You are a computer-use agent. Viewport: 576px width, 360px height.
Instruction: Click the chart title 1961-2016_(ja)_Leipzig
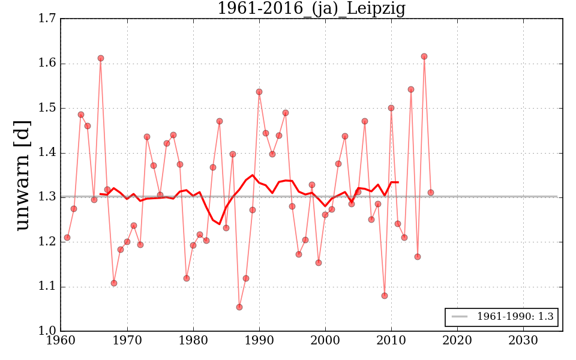coord(311,9)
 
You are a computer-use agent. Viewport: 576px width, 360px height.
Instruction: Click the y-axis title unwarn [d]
coord(23,175)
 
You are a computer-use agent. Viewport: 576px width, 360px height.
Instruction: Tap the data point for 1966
coord(101,58)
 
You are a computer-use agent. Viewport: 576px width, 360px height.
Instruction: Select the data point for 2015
coord(424,56)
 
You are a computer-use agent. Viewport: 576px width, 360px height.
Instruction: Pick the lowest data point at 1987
coord(239,307)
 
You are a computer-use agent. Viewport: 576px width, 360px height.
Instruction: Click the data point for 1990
coord(259,92)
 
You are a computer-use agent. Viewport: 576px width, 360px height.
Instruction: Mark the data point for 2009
coord(385,295)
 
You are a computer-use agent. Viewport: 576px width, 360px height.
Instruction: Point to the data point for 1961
coord(67,238)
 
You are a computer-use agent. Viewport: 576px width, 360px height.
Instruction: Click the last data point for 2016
coord(431,193)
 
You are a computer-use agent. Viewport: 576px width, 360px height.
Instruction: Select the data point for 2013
coord(411,89)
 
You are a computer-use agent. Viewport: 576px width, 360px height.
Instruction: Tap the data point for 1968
coord(114,283)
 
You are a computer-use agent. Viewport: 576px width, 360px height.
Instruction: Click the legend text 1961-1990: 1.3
coord(515,317)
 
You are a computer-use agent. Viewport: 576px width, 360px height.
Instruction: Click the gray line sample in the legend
coord(460,317)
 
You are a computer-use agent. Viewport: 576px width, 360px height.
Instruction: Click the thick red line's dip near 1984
coord(220,224)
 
